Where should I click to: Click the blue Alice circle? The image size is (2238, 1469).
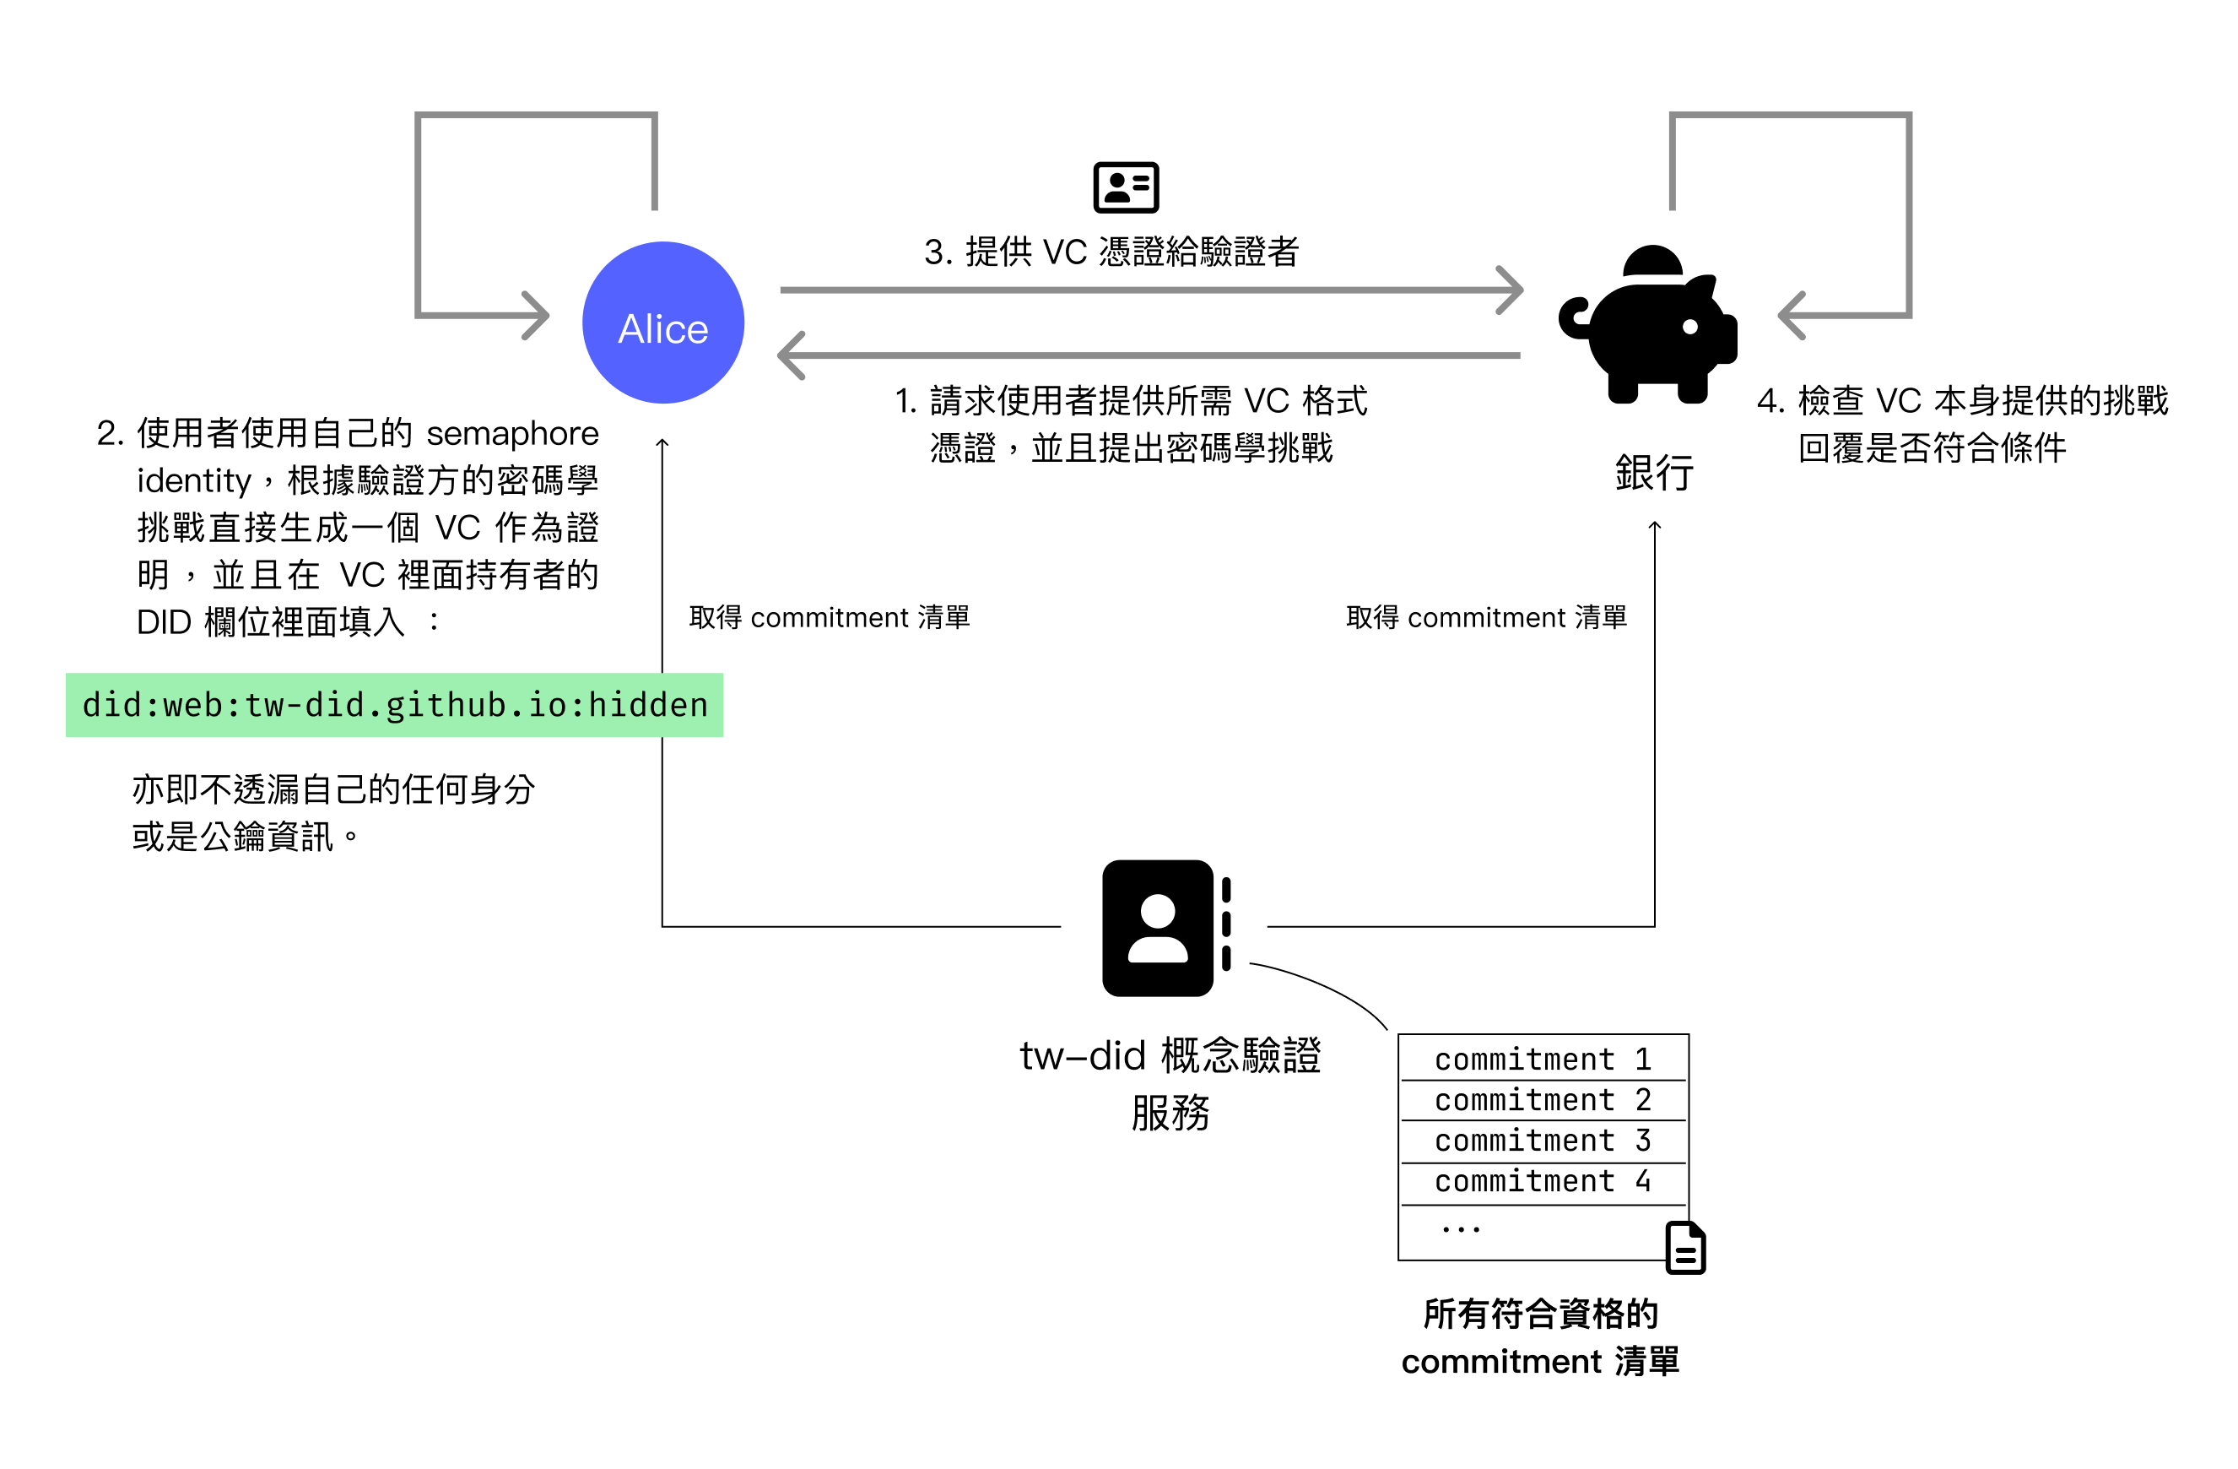[x=663, y=323]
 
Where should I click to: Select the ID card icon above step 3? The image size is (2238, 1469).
[x=1126, y=187]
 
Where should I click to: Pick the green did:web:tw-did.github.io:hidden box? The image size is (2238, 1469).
[x=394, y=704]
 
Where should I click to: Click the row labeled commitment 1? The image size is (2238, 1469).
[x=1542, y=1059]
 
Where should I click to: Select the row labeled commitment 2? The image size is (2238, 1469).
[x=1542, y=1099]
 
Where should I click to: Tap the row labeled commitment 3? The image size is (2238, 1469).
[x=1542, y=1140]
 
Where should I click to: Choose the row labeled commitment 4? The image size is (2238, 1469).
[x=1542, y=1180]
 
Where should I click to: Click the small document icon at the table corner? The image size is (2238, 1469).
[x=1685, y=1248]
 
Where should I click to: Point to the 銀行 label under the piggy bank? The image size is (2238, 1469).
[x=1654, y=472]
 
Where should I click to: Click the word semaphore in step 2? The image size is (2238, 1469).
[x=512, y=434]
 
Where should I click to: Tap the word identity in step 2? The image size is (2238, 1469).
[x=194, y=480]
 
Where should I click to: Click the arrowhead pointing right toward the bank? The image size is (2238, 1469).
[x=1511, y=290]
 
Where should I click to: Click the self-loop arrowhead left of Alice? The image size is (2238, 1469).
[x=536, y=315]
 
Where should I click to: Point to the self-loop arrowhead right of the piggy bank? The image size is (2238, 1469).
[x=1792, y=315]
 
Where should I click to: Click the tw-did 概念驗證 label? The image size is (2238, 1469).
[x=1170, y=1056]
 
